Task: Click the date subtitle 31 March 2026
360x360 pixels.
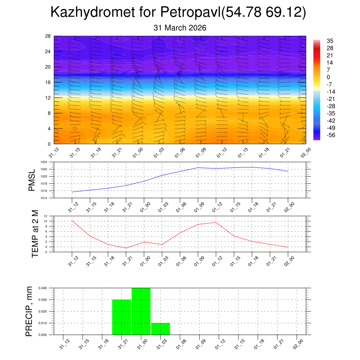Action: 180,28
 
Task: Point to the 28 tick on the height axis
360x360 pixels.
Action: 48,36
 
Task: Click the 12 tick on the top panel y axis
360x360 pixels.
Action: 48,98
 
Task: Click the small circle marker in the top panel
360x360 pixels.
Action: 75,129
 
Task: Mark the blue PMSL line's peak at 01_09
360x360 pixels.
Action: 198,168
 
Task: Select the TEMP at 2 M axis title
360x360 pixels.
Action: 35,233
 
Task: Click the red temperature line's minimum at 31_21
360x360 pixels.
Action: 126,248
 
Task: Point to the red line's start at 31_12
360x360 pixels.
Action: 72,221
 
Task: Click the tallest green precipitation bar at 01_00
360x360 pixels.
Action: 141,311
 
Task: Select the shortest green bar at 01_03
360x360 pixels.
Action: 160,329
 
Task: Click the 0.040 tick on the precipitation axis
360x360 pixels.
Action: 43,288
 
